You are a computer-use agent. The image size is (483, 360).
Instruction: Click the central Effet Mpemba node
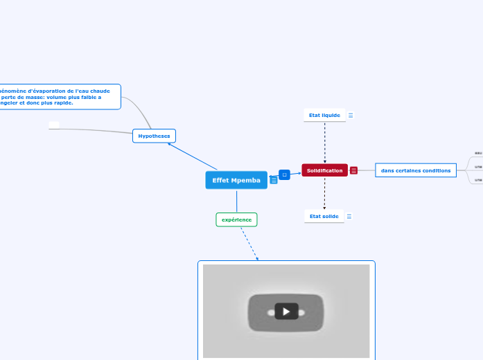pyautogui.click(x=236, y=180)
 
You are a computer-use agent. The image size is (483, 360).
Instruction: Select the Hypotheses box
pyautogui.click(x=154, y=136)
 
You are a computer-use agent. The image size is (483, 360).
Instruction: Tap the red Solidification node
pyautogui.click(x=324, y=170)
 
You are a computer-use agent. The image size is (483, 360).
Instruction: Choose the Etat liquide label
pyautogui.click(x=324, y=115)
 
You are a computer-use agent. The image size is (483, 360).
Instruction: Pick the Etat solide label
pyautogui.click(x=324, y=216)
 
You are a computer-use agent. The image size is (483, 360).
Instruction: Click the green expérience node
pyautogui.click(x=236, y=219)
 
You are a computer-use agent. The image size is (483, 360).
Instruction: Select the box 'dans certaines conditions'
pyautogui.click(x=416, y=170)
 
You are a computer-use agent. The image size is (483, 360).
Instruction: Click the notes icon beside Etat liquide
pyautogui.click(x=351, y=116)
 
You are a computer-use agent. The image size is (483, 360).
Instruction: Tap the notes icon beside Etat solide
pyautogui.click(x=349, y=217)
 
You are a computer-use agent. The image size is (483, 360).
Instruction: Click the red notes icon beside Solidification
pyautogui.click(x=354, y=170)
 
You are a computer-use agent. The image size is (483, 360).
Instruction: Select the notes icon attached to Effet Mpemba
pyautogui.click(x=274, y=181)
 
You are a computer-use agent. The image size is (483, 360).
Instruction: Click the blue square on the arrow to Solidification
pyautogui.click(x=284, y=174)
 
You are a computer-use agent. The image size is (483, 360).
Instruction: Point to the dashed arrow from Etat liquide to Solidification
pyautogui.click(x=324, y=142)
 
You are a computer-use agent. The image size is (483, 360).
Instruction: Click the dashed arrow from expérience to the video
pyautogui.click(x=249, y=243)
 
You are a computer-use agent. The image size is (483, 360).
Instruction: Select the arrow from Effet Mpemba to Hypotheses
pyautogui.click(x=193, y=156)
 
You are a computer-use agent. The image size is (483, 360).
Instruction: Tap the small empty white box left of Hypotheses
pyautogui.click(x=54, y=125)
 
